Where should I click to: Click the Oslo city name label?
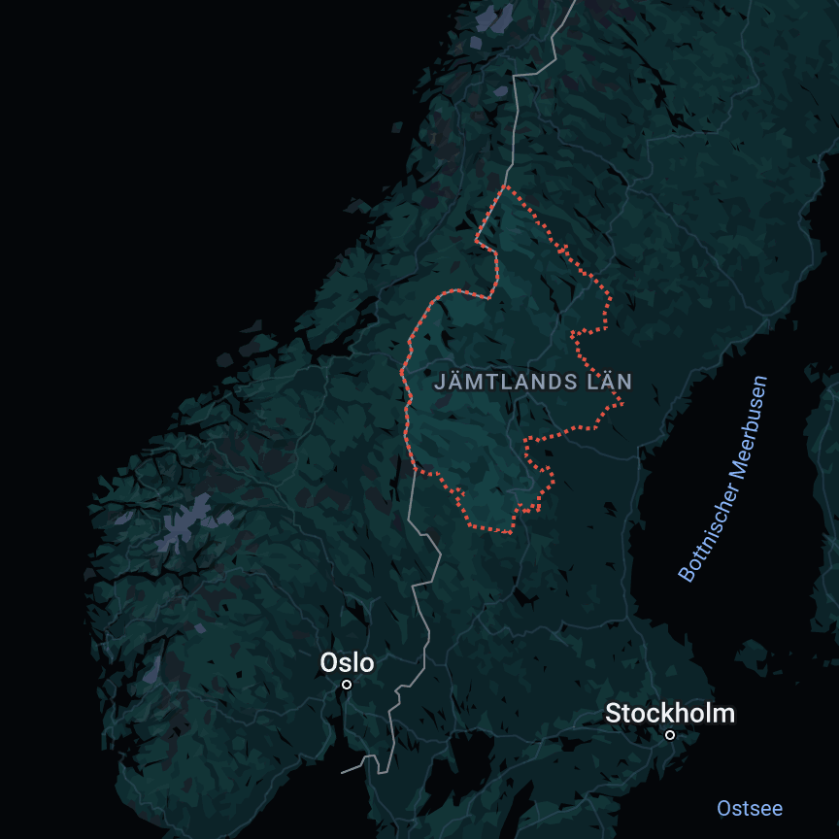point(347,663)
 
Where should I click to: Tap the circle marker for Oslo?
point(347,685)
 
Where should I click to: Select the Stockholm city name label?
point(670,714)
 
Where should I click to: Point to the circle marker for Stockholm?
point(670,735)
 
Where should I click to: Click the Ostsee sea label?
point(750,808)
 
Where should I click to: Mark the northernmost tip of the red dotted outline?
point(506,185)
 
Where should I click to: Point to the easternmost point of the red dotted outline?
point(622,401)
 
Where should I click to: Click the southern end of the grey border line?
point(343,772)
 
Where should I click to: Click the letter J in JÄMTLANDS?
point(438,383)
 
